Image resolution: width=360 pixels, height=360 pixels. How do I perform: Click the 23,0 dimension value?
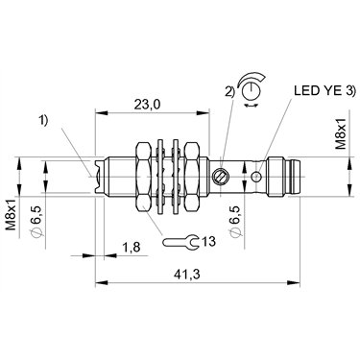(x=147, y=105)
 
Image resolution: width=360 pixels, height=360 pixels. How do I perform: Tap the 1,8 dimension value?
(x=132, y=247)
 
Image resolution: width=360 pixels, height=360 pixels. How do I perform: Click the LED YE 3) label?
(x=324, y=91)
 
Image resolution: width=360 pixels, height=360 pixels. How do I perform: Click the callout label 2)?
(x=229, y=92)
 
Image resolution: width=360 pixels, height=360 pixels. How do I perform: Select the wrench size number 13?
(x=208, y=241)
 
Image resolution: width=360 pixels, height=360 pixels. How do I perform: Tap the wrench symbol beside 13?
(x=181, y=242)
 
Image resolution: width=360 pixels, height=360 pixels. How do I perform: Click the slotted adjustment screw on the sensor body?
(x=220, y=176)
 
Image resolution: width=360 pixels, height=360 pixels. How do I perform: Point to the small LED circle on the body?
(x=256, y=176)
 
